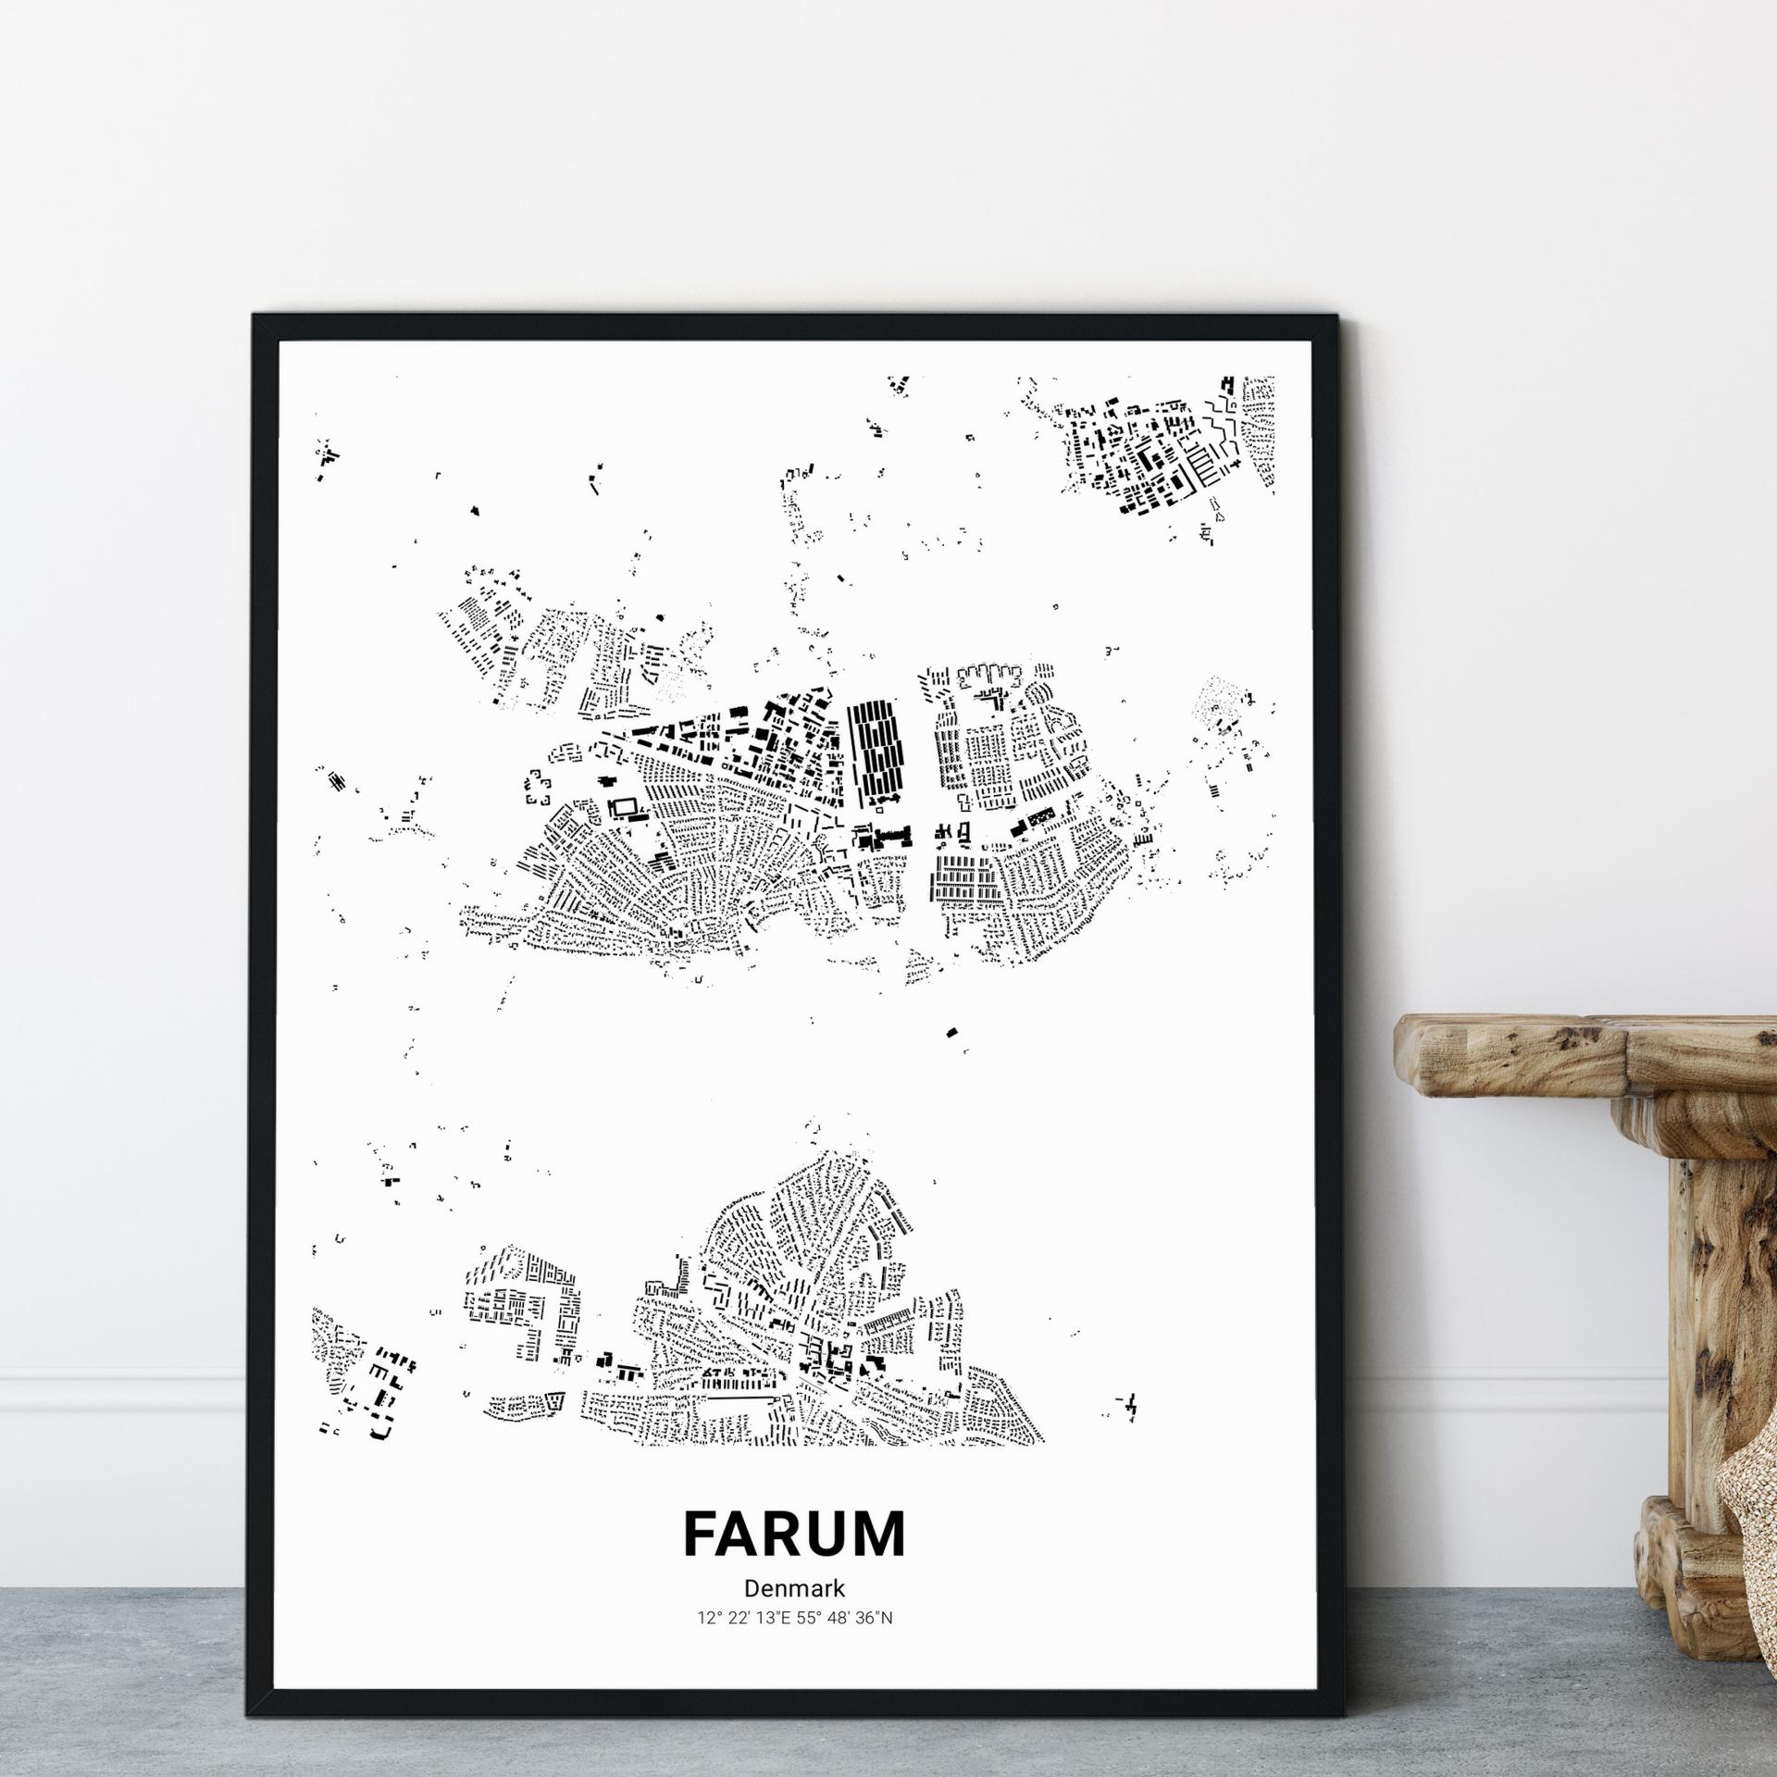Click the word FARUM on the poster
[x=794, y=1534]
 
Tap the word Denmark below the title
[x=794, y=1588]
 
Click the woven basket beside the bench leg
[x=1749, y=1518]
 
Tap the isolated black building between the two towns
[x=951, y=1032]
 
